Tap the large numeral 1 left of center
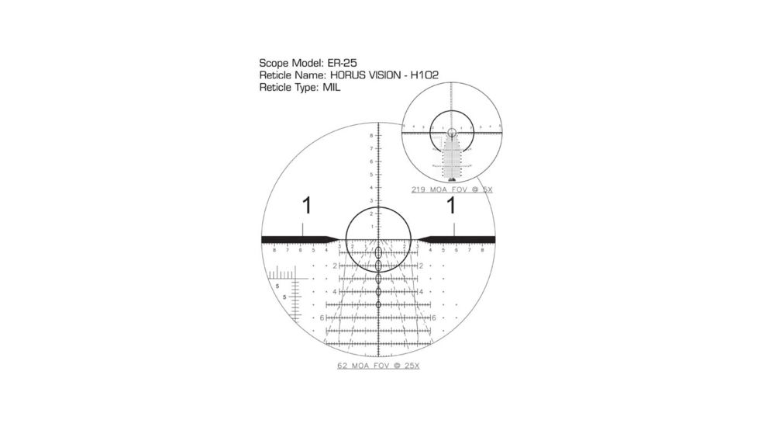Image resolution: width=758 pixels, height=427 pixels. coord(307,207)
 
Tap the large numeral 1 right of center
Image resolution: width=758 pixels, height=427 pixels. coord(450,207)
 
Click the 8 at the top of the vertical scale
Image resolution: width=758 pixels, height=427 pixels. coord(371,135)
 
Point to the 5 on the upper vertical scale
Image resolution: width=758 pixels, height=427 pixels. coord(371,174)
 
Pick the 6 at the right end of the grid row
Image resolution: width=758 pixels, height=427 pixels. coord(433,318)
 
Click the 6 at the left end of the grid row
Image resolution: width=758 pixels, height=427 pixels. coord(322,318)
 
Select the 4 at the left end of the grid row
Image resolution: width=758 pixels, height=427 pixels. coord(335,292)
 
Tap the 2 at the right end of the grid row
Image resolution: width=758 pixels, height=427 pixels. coord(420,266)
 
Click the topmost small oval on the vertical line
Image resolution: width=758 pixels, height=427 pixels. coord(378,253)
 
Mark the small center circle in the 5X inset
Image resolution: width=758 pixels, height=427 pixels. coord(452,133)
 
